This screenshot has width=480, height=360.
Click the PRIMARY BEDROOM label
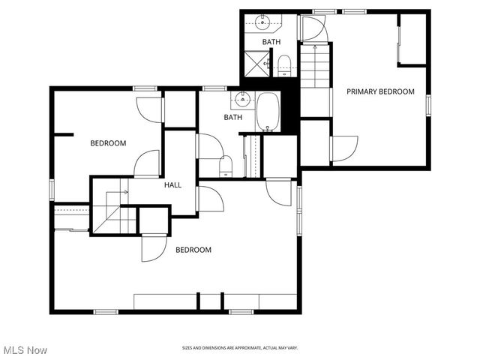pos(380,91)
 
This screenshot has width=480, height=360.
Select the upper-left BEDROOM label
pos(108,143)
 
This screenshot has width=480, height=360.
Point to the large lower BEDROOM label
pos(193,250)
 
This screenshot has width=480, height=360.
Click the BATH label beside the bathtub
pos(233,118)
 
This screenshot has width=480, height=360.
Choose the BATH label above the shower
pos(271,42)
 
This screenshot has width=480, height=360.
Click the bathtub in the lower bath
pos(268,112)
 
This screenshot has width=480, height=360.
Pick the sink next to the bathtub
pos(241,98)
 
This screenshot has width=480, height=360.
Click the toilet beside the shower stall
pos(284,64)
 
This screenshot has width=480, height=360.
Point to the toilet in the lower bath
pos(226,166)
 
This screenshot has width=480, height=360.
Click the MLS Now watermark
pos(25,350)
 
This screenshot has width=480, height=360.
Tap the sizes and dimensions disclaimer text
pos(240,348)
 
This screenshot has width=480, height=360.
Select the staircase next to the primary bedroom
pos(315,67)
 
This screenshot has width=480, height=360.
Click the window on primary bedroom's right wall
pos(428,105)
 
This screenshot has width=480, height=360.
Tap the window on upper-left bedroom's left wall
pos(52,189)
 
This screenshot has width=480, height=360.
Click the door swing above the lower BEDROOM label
pos(154,247)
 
